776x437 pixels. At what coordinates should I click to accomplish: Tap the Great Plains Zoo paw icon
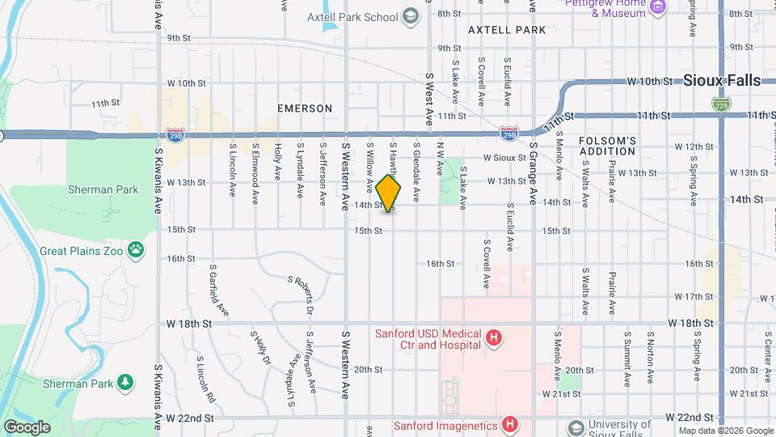tap(137, 251)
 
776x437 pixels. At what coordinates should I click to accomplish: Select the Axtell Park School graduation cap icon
tap(410, 16)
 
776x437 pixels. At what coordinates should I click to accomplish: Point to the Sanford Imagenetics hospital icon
tap(509, 424)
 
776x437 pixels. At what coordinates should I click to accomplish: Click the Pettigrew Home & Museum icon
tap(658, 6)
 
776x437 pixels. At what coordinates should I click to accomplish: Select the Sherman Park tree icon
tap(124, 381)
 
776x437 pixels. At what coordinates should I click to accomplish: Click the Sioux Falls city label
tap(722, 80)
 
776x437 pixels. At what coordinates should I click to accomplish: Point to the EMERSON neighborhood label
tap(305, 108)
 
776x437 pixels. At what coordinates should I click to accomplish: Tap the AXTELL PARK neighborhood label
tap(507, 30)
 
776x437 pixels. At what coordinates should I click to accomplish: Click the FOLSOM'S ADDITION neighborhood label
tap(608, 146)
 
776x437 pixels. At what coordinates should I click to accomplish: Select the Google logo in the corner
tap(27, 426)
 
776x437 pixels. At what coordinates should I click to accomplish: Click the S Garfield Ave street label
tap(219, 290)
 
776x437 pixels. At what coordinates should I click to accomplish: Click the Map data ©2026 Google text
tap(725, 431)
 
